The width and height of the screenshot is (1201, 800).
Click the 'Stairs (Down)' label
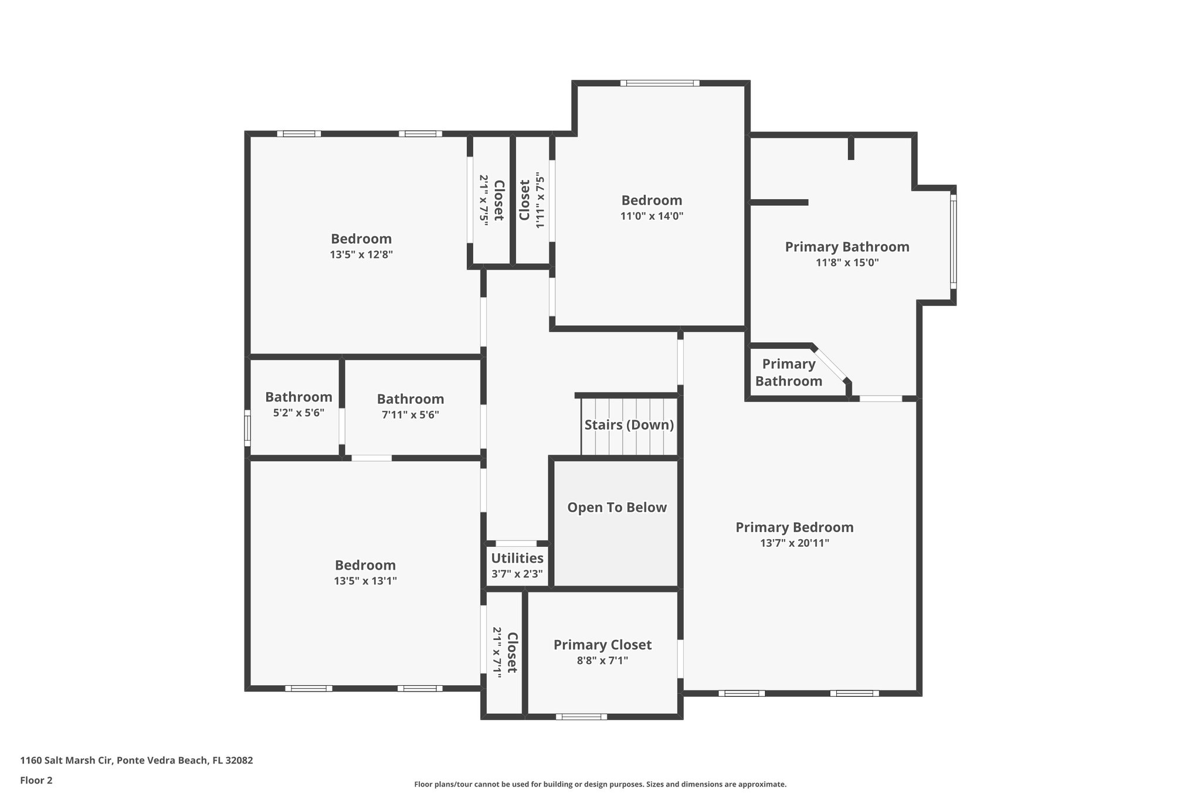coord(629,425)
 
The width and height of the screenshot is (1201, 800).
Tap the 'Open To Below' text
coord(617,508)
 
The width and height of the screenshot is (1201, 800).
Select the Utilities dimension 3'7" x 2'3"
coord(517,574)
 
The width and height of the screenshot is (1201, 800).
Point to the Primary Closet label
coord(602,645)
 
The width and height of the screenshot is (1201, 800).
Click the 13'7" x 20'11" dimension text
coord(795,543)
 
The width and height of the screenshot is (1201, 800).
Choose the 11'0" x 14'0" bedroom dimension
coord(652,216)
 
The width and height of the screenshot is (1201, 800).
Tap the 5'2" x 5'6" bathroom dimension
coord(298,413)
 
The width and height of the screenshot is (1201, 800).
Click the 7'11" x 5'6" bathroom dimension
coord(410,415)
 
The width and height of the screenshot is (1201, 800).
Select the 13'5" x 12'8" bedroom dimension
coord(361,255)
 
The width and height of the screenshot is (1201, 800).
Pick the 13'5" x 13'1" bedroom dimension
coord(365,581)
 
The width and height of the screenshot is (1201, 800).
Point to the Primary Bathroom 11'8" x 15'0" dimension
coord(847,263)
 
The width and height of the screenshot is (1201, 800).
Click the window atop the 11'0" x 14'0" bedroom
coord(660,83)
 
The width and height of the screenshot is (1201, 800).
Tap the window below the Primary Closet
coord(581,716)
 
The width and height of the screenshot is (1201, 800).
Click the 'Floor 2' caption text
coord(36,780)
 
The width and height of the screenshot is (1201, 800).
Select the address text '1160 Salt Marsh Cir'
coord(67,760)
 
